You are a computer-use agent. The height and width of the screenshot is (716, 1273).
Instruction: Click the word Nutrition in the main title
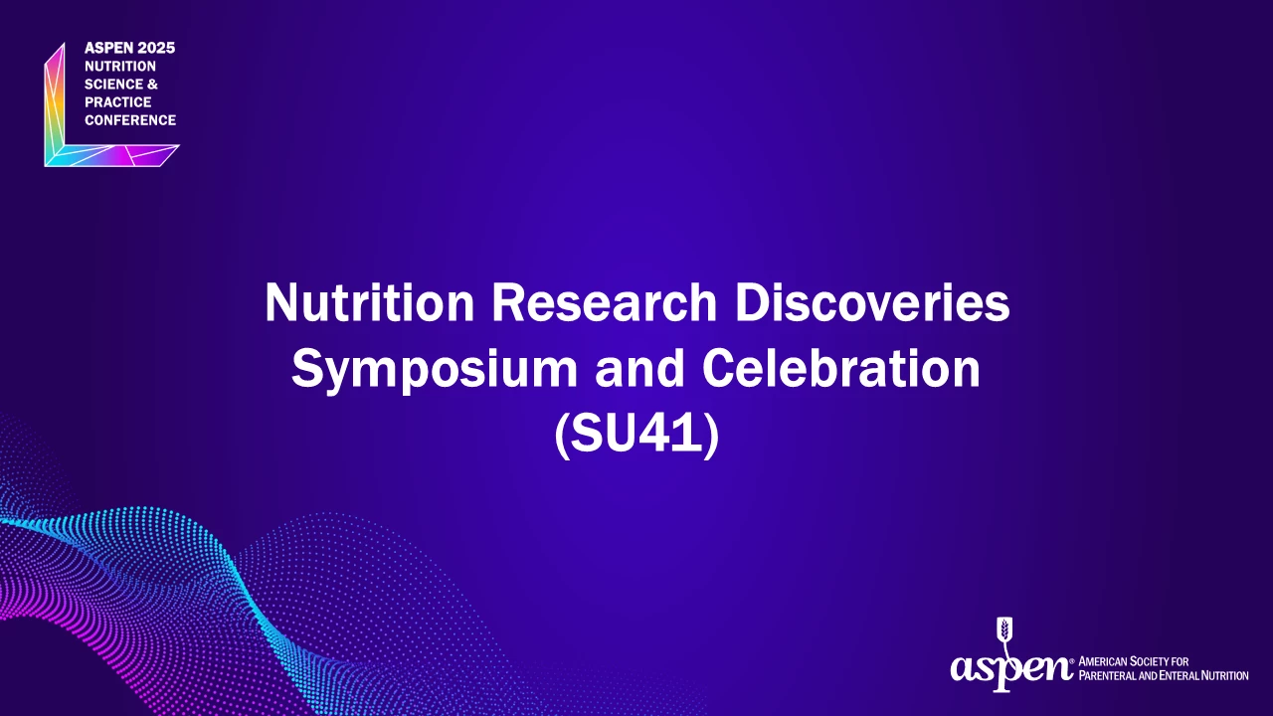[x=369, y=302]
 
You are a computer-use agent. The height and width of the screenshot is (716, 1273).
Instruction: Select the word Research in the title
[x=604, y=302]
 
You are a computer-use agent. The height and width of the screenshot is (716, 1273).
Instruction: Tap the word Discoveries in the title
[x=872, y=302]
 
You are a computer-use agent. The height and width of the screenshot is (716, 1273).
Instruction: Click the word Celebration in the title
[x=841, y=368]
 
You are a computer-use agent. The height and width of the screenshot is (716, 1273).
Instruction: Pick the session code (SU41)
[x=636, y=435]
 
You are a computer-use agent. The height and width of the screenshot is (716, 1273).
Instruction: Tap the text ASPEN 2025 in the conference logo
[x=129, y=49]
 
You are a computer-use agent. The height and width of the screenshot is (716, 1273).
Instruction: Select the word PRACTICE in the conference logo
[x=118, y=102]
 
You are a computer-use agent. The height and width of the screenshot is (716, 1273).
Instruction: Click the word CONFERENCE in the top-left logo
[x=130, y=120]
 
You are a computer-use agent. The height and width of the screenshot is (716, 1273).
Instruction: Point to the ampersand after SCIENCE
[x=152, y=85]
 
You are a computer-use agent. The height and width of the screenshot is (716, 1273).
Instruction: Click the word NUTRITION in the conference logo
[x=120, y=66]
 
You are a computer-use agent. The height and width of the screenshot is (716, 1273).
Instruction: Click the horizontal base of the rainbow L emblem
[x=112, y=156]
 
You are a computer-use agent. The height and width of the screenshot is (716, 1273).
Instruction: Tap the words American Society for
[x=1134, y=661]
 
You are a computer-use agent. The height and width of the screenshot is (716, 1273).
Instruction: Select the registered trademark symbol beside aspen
[x=1072, y=661]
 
